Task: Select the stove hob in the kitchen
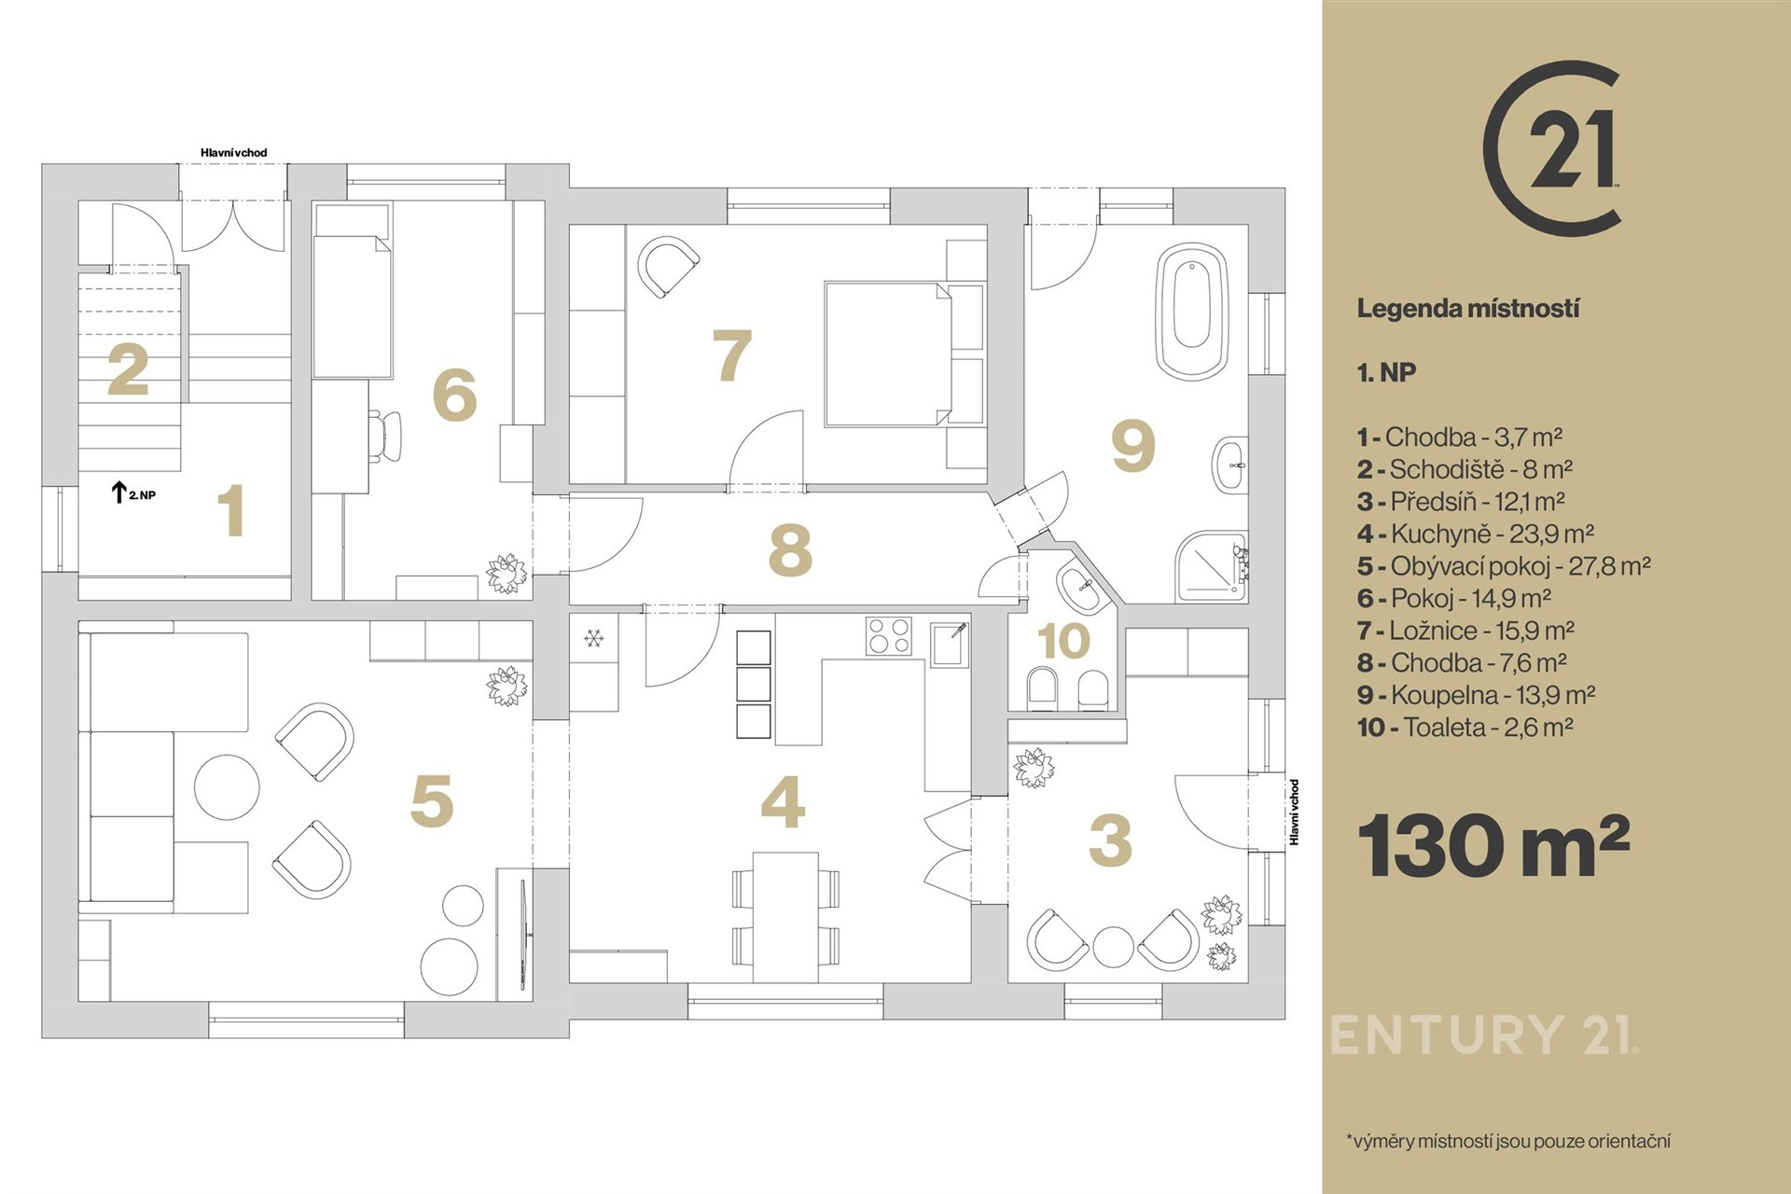click(888, 636)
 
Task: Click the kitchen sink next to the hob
click(951, 644)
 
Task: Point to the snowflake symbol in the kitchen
click(593, 639)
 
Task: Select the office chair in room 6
click(384, 435)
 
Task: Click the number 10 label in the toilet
click(1063, 641)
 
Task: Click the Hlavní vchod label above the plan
click(234, 153)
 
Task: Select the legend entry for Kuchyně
click(1476, 534)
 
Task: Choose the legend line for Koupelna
click(1477, 695)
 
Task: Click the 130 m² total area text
click(1493, 845)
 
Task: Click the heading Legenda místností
click(1468, 309)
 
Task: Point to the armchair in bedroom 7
click(668, 267)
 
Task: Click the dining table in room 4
click(785, 917)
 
